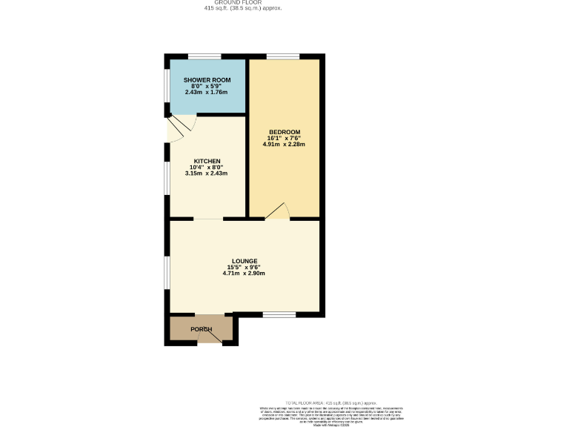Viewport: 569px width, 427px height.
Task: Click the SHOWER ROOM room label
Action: [207, 79]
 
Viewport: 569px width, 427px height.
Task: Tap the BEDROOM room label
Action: [284, 132]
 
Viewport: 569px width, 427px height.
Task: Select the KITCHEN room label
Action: [207, 161]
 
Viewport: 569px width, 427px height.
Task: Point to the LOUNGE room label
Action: [244, 261]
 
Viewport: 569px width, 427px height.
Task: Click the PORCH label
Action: [202, 329]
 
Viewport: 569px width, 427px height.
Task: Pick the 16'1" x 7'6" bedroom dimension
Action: [284, 138]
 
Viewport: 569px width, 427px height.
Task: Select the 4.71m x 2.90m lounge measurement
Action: [244, 274]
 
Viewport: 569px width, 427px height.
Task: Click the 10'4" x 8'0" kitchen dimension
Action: [207, 167]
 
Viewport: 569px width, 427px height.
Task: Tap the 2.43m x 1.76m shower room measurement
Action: [207, 92]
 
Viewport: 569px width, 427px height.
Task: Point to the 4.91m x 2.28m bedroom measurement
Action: [284, 145]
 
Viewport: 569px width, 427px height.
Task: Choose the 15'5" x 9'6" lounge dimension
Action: [244, 267]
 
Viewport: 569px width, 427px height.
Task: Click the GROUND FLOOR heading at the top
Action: [243, 2]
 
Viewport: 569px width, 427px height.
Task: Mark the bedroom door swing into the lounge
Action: [278, 212]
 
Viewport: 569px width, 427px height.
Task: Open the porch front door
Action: [210, 337]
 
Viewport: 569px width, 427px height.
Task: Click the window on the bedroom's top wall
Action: [283, 56]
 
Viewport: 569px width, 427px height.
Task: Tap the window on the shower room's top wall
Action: [204, 56]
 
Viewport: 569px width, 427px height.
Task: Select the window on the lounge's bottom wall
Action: [279, 314]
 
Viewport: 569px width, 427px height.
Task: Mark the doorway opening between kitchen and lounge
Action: [209, 219]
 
